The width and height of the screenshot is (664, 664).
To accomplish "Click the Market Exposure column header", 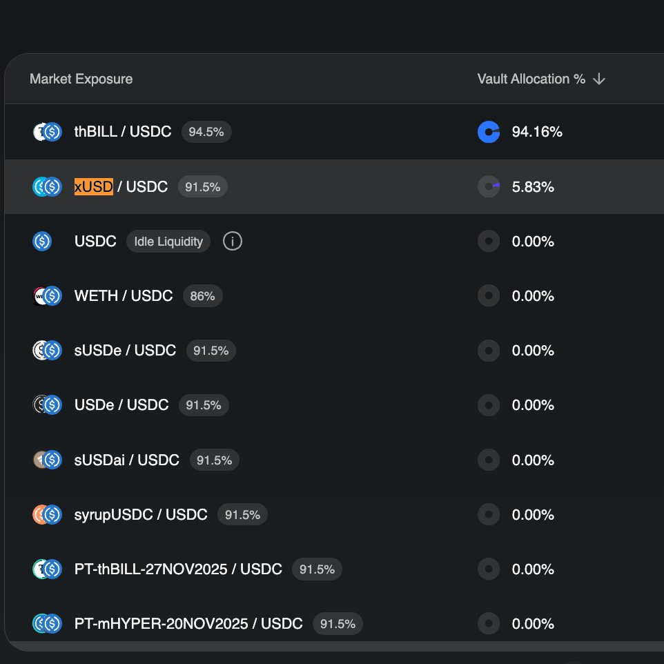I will click(81, 79).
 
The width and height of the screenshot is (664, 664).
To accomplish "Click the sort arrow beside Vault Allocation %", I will click(599, 79).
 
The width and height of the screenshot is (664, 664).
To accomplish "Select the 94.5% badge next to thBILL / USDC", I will click(206, 132).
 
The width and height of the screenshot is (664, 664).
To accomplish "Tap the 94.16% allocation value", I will click(537, 132).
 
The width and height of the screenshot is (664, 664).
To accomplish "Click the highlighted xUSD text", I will click(94, 186).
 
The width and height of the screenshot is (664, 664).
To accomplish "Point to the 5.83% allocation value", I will click(533, 186).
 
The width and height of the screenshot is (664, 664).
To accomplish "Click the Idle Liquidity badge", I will click(168, 242).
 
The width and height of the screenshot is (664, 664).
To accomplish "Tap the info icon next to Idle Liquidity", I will click(233, 242).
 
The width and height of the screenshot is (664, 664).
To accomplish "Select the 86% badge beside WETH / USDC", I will click(203, 296).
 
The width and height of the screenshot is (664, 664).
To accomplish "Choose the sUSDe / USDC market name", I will click(125, 351).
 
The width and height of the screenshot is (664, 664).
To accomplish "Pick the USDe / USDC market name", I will click(121, 405).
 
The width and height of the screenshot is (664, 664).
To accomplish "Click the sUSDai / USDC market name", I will click(127, 460).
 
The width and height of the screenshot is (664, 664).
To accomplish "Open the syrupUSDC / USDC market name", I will click(141, 514).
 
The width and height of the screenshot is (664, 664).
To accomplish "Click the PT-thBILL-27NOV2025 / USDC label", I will click(178, 569).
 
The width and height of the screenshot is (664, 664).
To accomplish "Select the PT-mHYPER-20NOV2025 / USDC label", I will click(188, 624).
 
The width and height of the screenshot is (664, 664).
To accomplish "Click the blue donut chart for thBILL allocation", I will click(489, 132).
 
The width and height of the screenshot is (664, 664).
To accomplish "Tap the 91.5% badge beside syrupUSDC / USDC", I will click(242, 515).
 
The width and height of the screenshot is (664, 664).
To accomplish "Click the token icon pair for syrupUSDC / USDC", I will click(48, 514).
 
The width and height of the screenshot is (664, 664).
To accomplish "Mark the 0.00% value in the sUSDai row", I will click(533, 460).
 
